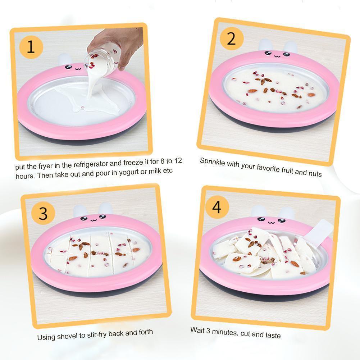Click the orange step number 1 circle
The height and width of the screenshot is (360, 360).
tap(31, 47)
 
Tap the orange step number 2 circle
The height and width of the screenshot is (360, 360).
tap(232, 38)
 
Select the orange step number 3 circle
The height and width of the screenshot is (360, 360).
tap(43, 214)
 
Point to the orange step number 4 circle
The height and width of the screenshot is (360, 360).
tap(217, 207)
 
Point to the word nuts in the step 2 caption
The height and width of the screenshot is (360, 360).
tap(315, 173)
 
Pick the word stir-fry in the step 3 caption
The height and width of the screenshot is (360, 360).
tap(97, 335)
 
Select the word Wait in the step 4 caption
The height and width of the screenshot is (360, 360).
tap(197, 330)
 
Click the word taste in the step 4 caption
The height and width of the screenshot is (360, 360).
tap(273, 336)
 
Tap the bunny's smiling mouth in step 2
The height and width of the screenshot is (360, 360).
tap(277, 56)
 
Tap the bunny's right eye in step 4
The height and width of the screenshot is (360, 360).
tap(282, 220)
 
